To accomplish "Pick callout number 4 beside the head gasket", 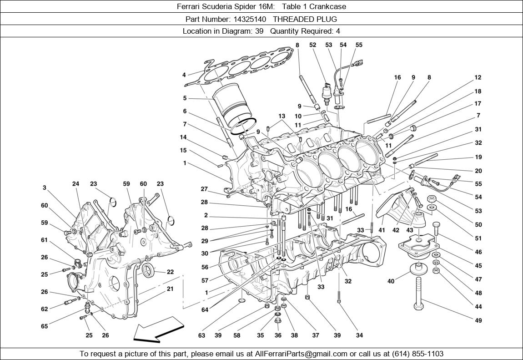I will (x=184, y=75).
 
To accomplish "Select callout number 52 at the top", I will (x=312, y=45).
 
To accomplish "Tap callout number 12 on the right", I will (x=478, y=78).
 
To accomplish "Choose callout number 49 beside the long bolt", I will (x=478, y=320).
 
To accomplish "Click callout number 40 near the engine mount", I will (x=391, y=281).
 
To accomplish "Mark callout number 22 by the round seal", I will (x=170, y=272).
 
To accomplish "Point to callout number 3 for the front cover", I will (x=45, y=188).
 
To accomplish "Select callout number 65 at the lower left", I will (x=44, y=326).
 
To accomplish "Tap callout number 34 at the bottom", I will (x=359, y=336).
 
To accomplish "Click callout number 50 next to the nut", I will (x=478, y=225).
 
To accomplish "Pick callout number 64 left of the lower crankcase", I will (x=205, y=310).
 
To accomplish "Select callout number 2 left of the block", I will (x=206, y=215).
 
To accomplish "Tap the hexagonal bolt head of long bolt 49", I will (x=419, y=305).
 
